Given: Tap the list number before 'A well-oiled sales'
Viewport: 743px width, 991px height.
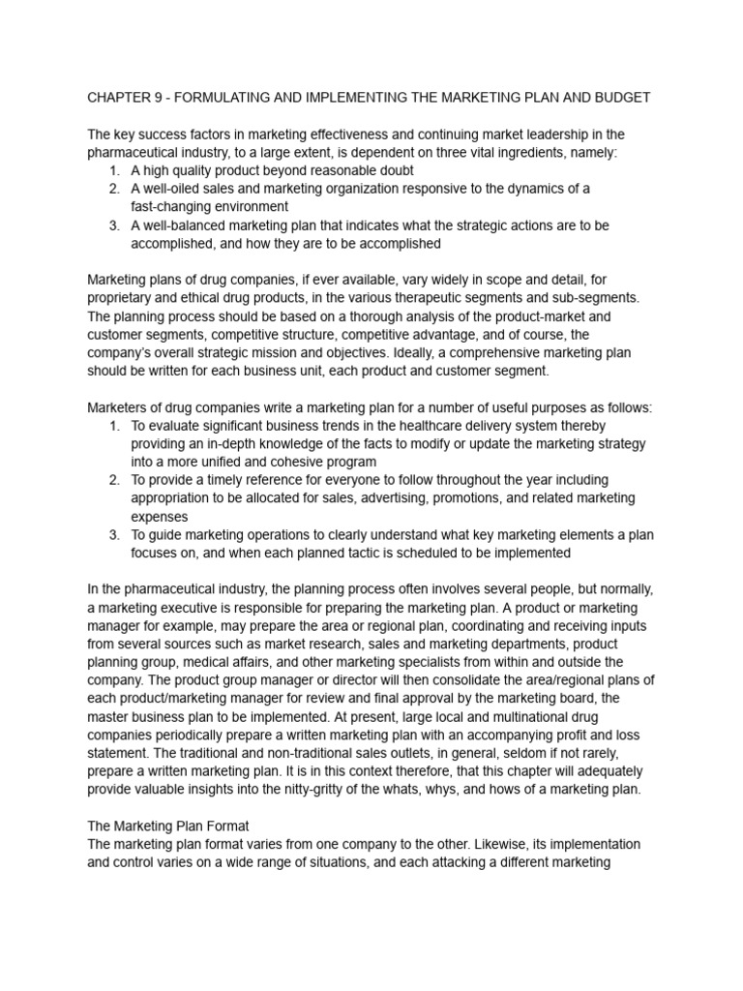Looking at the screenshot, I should [x=114, y=189].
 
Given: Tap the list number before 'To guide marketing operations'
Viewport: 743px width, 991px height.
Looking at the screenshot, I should [x=114, y=534].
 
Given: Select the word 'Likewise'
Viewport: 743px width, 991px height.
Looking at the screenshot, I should [x=463, y=844].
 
